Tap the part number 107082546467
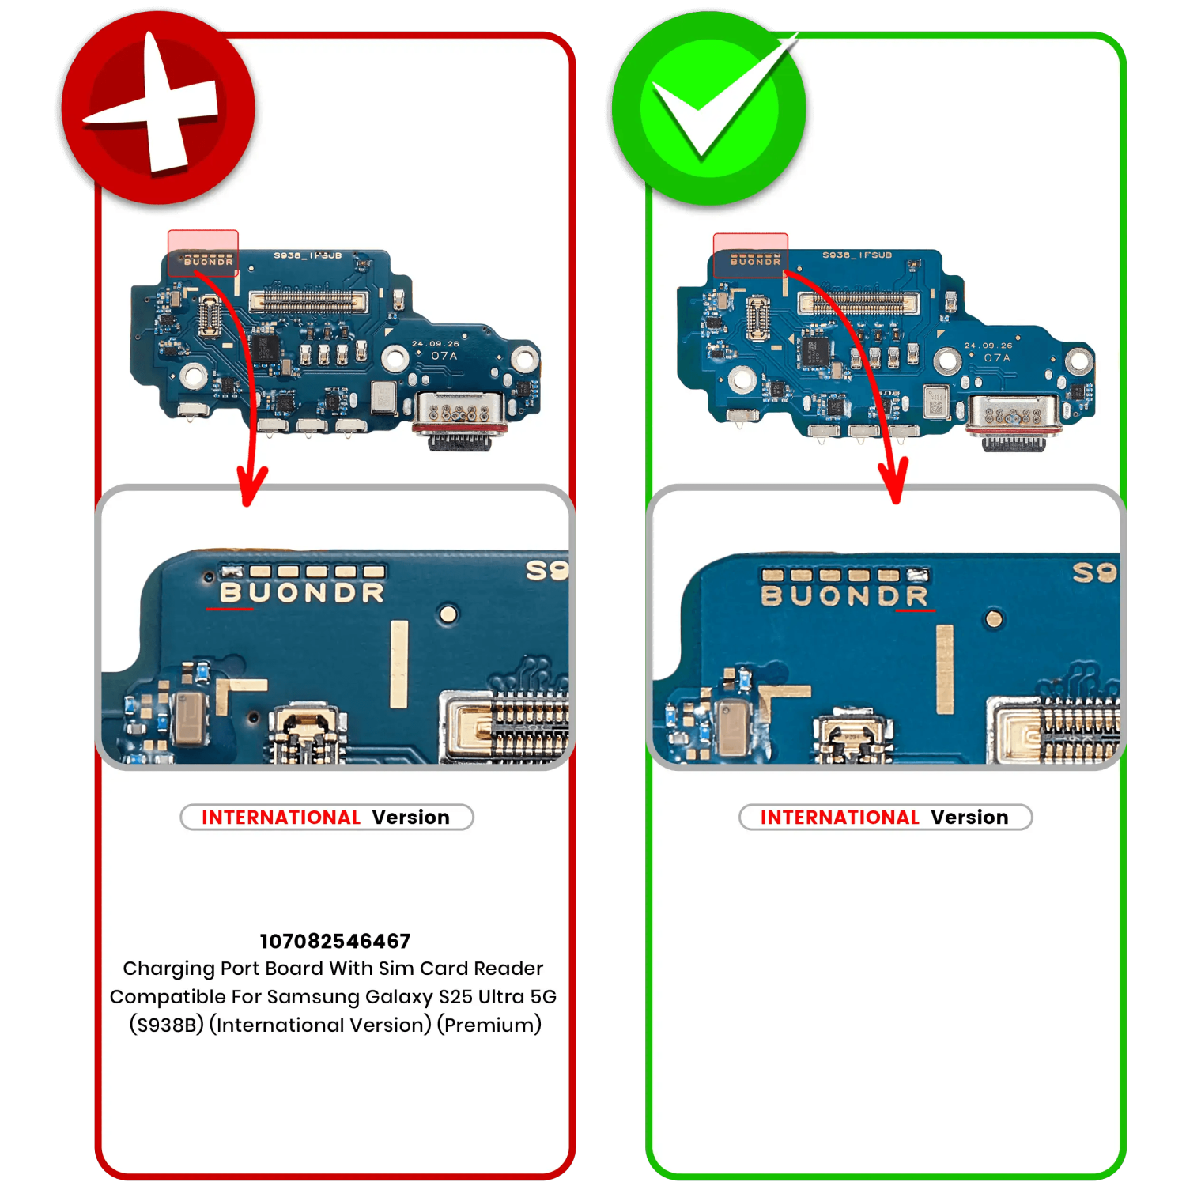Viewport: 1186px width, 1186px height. (335, 941)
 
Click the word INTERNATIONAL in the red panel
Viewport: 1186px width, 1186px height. (281, 818)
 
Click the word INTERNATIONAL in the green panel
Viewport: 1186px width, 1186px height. (840, 818)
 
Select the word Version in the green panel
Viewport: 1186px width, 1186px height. (969, 818)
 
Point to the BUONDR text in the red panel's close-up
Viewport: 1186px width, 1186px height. (302, 593)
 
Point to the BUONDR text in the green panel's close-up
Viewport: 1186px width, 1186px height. (844, 596)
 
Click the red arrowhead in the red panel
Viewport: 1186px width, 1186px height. (251, 486)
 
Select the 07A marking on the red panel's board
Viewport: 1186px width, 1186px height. (444, 357)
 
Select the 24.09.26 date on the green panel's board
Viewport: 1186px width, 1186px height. (988, 346)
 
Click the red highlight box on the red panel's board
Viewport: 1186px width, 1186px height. (203, 253)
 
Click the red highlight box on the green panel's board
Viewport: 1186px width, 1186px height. (750, 255)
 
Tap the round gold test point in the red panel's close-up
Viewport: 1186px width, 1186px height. (448, 614)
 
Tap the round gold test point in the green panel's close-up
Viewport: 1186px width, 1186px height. (995, 619)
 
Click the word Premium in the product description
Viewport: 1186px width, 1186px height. (489, 1025)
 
